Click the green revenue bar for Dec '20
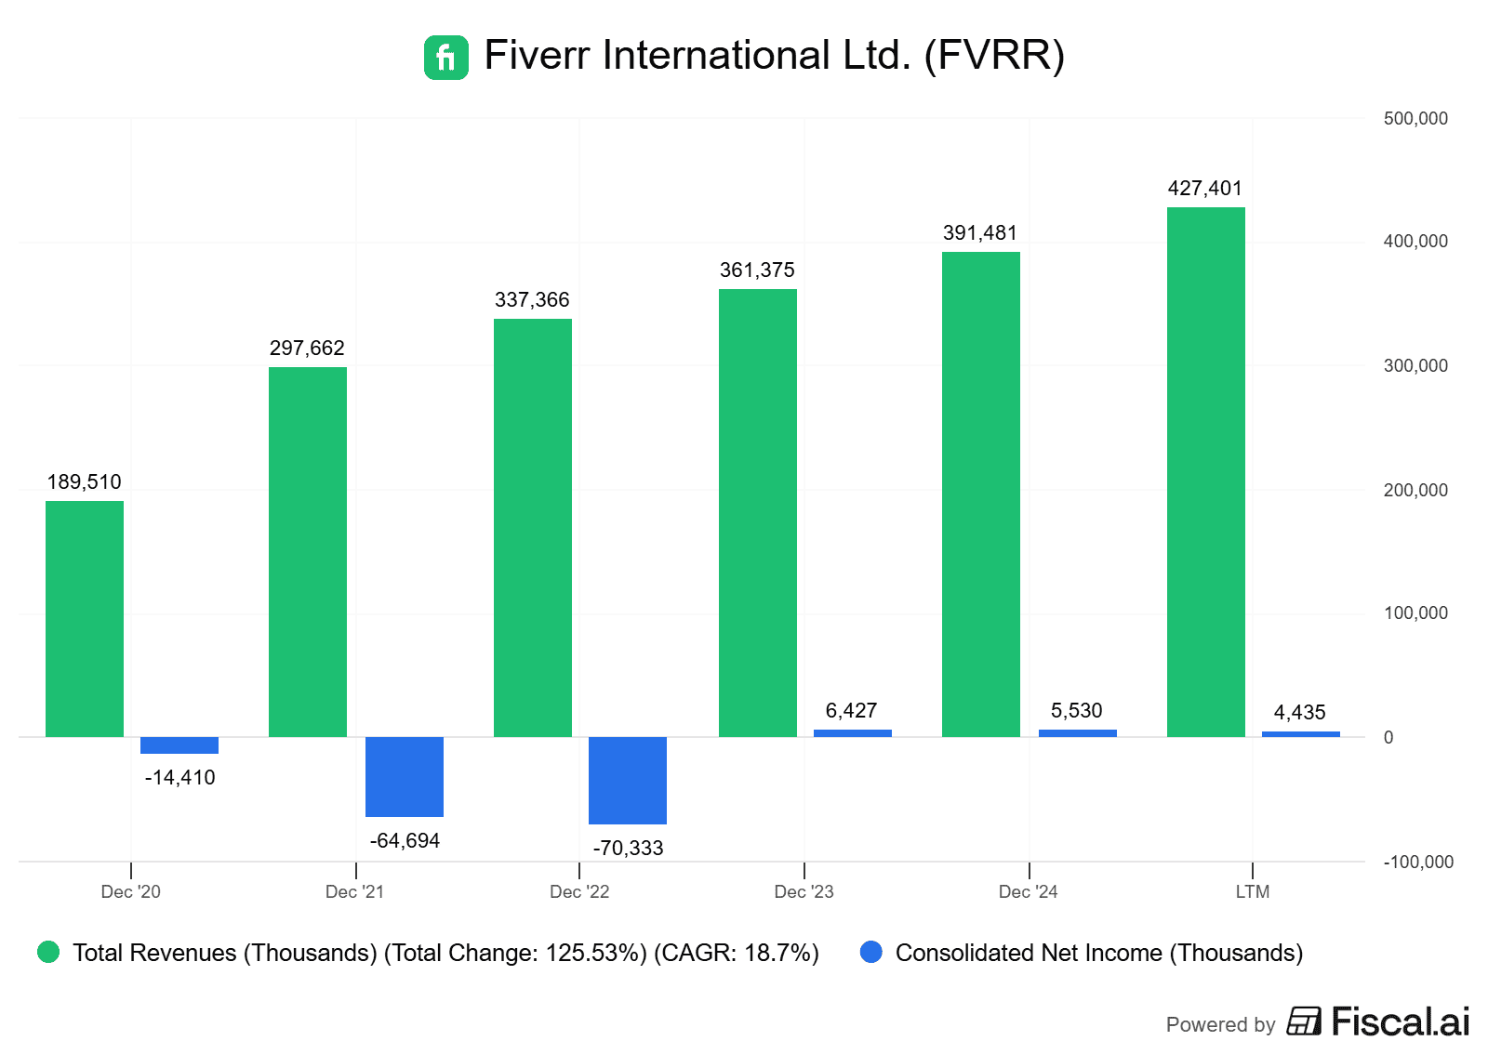tap(85, 618)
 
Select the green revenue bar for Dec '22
tap(533, 527)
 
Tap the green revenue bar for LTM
tap(1206, 471)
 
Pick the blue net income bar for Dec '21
tap(405, 776)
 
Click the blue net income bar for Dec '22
tap(628, 780)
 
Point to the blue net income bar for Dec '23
tap(853, 733)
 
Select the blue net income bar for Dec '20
tap(179, 745)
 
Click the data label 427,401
tap(1205, 189)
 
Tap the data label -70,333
tap(629, 849)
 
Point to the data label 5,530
tap(1077, 711)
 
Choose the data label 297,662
tap(307, 349)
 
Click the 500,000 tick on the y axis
tap(1415, 119)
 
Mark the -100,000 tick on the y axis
tap(1418, 863)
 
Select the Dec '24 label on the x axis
tap(1029, 892)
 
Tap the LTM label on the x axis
tap(1253, 892)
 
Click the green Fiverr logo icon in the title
tap(446, 58)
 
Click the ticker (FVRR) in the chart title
tap(994, 56)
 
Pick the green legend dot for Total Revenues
tap(48, 952)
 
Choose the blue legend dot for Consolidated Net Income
tap(871, 952)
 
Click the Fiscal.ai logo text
tap(1400, 1022)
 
